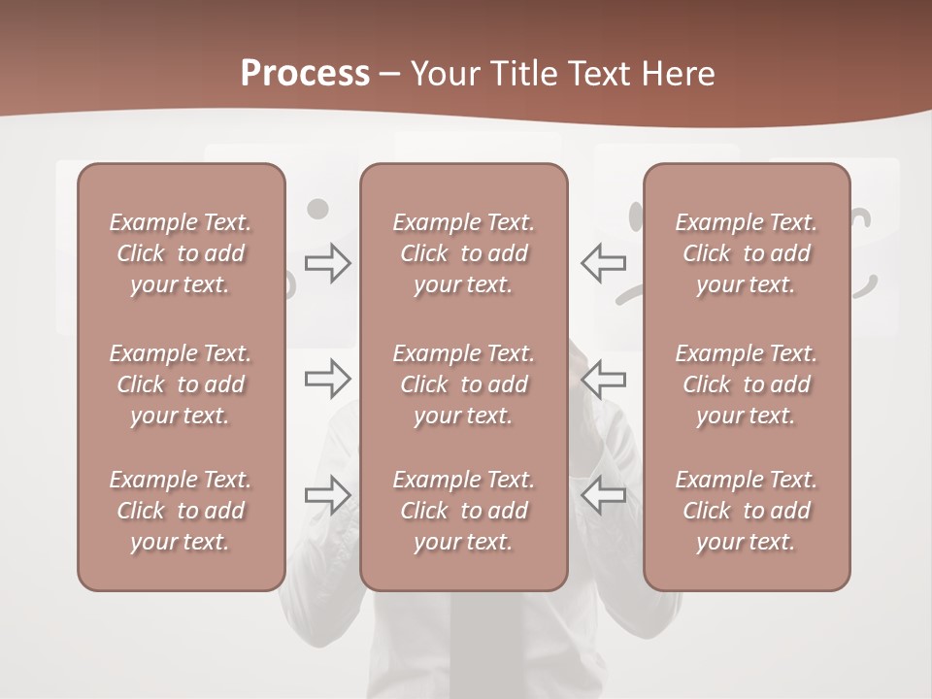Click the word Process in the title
click(x=305, y=74)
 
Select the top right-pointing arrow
click(x=327, y=262)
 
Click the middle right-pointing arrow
click(x=327, y=379)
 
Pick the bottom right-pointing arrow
click(x=327, y=495)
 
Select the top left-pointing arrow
click(x=604, y=262)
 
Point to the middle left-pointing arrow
click(x=604, y=379)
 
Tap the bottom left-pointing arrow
click(x=604, y=495)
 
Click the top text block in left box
click(x=181, y=253)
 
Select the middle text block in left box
click(x=181, y=384)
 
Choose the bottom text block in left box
click(x=181, y=511)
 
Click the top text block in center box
click(x=463, y=253)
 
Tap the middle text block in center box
click(x=463, y=384)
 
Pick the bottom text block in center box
click(x=463, y=511)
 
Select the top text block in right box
click(x=746, y=253)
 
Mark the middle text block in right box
click(x=746, y=384)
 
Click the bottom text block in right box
click(x=746, y=511)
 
